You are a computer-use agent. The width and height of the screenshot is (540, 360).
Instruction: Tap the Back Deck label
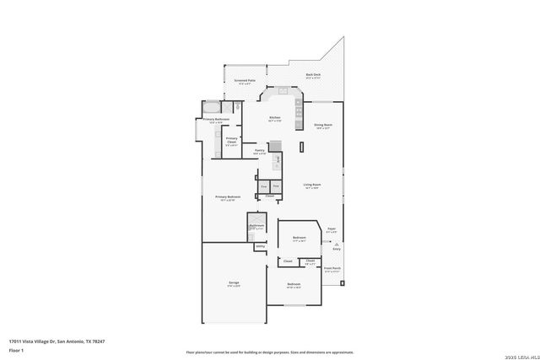313,75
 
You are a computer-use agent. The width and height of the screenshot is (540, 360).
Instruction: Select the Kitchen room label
274,117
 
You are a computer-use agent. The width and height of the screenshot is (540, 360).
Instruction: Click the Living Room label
312,185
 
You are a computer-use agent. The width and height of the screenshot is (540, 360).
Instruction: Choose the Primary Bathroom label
216,120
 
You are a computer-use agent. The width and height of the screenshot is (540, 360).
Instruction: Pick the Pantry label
259,151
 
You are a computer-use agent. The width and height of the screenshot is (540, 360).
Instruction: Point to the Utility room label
260,246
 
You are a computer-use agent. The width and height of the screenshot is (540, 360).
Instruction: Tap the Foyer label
332,228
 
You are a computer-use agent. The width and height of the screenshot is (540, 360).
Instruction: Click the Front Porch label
332,269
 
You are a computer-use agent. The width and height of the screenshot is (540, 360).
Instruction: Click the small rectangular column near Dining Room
301,148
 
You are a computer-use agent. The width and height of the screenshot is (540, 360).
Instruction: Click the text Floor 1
16,350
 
